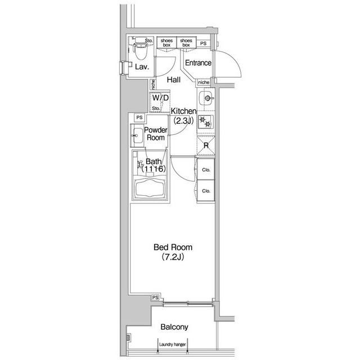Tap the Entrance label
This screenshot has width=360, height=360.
point(198,62)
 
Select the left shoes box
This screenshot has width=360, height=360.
point(166,43)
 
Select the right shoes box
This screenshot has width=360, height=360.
point(186,43)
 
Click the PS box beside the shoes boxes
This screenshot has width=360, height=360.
point(203,43)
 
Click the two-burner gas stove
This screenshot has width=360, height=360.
point(206,121)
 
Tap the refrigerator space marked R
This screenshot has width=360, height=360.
point(206,145)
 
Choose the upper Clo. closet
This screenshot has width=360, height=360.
point(206,169)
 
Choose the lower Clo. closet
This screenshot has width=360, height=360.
point(206,191)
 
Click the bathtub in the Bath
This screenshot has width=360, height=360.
point(150,188)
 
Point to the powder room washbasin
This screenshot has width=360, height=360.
point(137,136)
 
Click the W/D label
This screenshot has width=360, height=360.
point(160,98)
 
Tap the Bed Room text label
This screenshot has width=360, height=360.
point(173,247)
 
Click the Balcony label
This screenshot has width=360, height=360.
point(174,327)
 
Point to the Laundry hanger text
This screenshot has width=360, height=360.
point(173,344)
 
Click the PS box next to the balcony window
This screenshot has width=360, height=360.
point(155,298)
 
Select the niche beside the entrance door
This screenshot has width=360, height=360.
point(204,82)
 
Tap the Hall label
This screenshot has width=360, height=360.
point(174,80)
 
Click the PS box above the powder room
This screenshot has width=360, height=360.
point(139,118)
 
